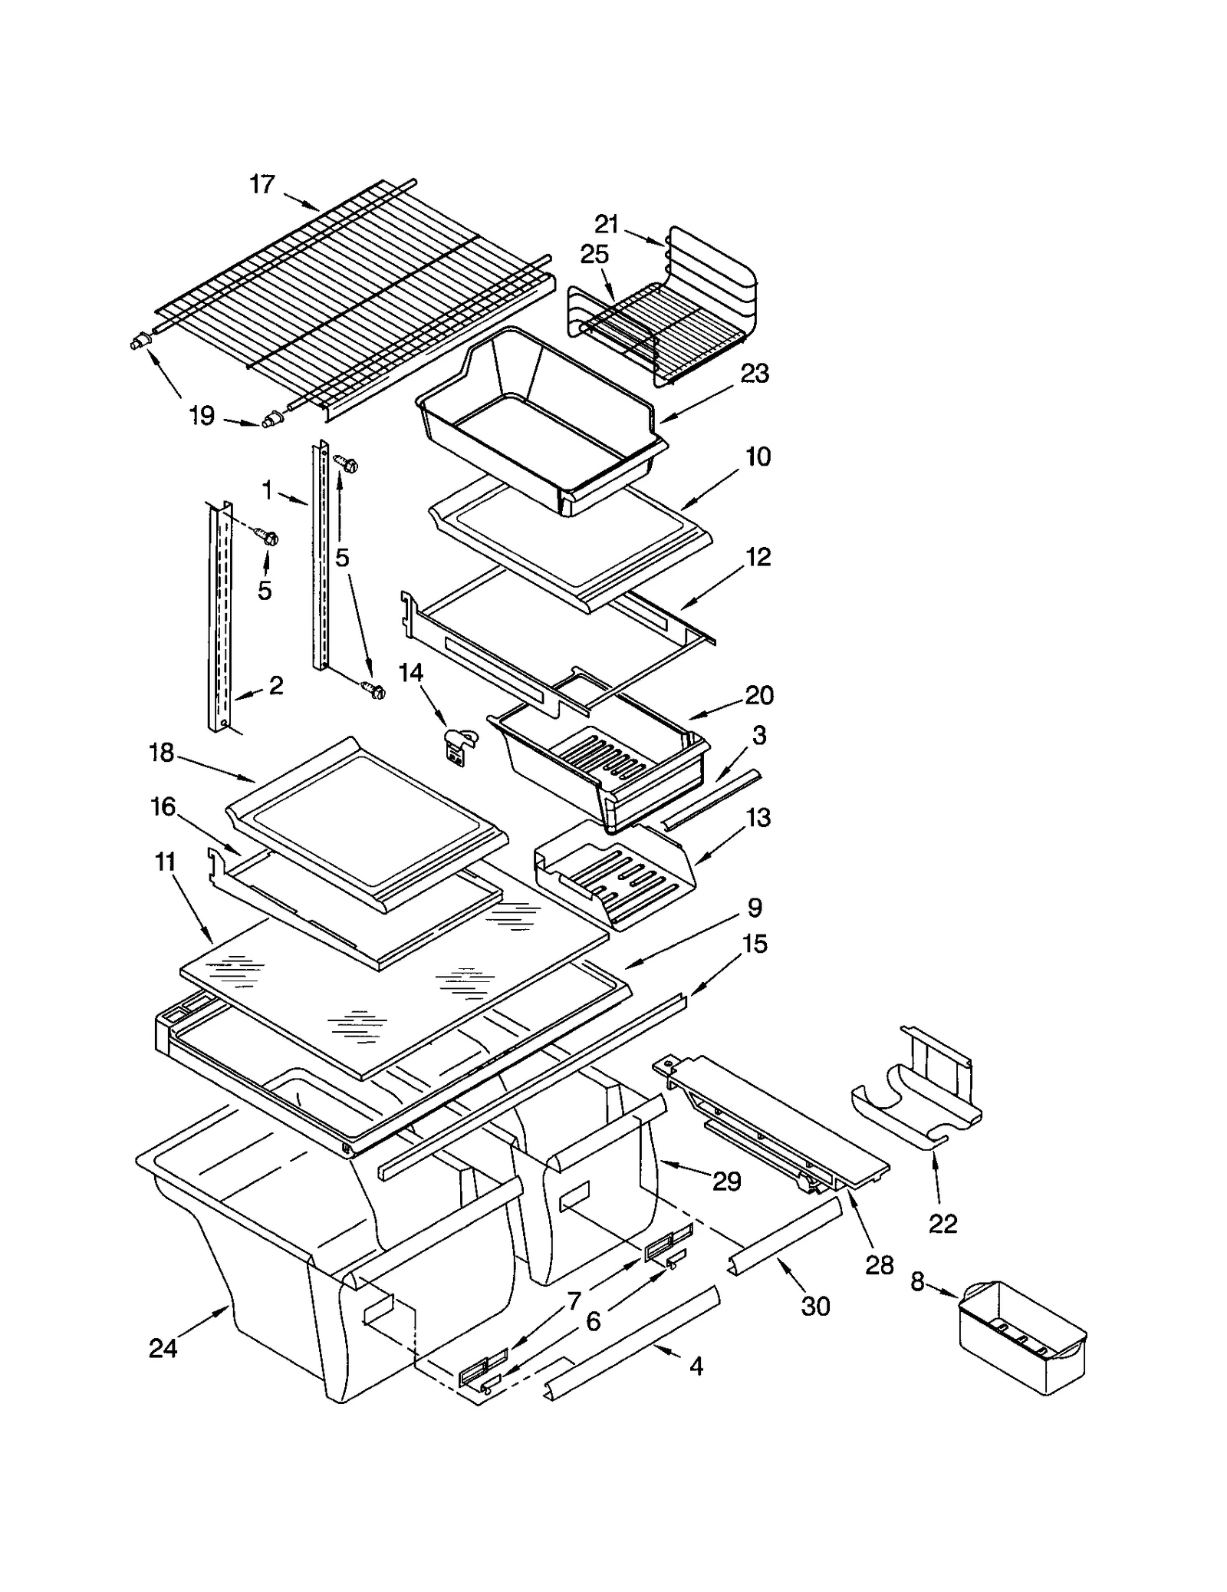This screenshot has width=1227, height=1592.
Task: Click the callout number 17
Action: [x=262, y=184]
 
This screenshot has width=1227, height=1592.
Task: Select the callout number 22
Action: [x=942, y=1223]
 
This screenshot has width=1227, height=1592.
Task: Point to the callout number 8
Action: [x=917, y=1282]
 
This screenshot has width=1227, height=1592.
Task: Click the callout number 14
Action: [x=411, y=673]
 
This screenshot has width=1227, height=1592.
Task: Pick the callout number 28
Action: [x=880, y=1265]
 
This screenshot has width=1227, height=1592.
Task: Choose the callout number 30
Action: [x=815, y=1306]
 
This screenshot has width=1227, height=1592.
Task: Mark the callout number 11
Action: [x=166, y=862]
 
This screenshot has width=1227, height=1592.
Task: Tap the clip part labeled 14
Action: [x=459, y=745]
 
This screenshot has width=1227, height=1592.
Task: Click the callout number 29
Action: [x=726, y=1182]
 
